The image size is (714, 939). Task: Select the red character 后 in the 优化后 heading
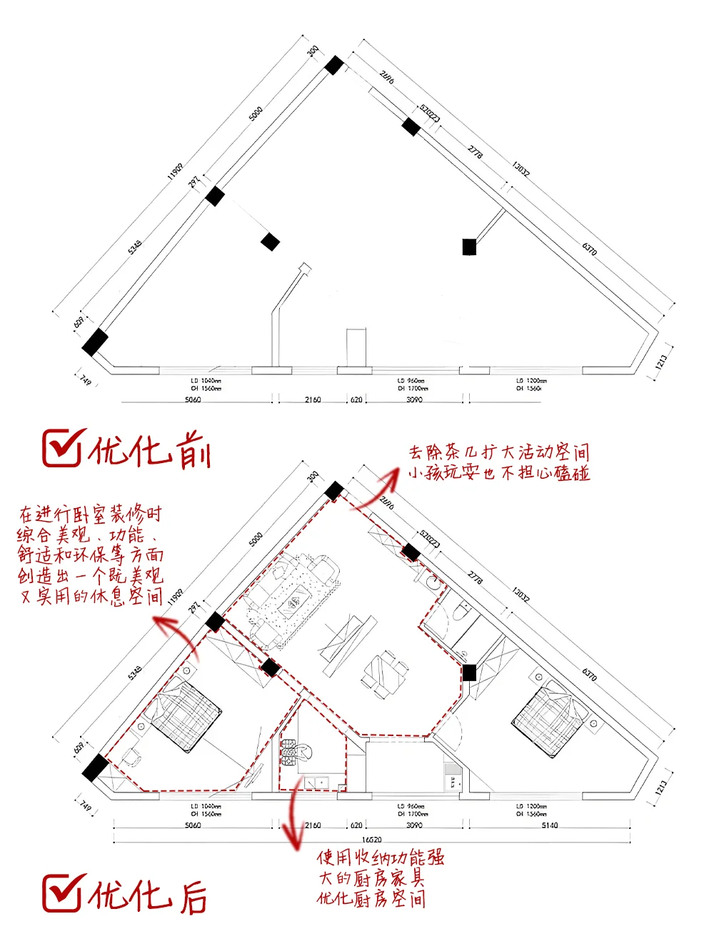pos(193,896)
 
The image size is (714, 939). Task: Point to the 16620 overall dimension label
pos(371,840)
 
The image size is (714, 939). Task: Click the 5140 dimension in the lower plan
pos(550,825)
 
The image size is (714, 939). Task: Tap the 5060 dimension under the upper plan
pos(193,399)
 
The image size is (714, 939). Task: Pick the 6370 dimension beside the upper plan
pos(589,249)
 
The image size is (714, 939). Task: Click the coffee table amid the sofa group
pos(292,607)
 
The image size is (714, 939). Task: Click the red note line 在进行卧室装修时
pos(91,515)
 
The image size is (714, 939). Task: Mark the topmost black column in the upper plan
pos(333,66)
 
